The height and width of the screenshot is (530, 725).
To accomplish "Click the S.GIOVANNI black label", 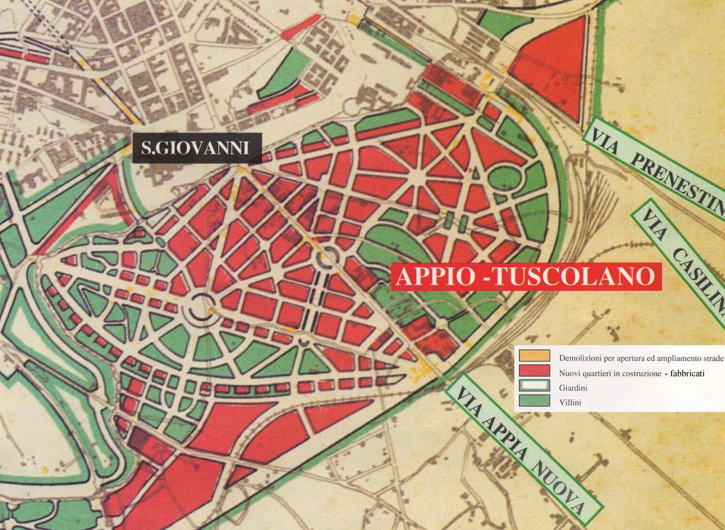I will coord(197,148).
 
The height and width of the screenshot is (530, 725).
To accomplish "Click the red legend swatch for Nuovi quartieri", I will coord(534,371).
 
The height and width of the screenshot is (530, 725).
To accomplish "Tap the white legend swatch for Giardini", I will coord(534,386).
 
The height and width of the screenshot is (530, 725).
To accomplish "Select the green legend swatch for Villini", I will coord(534,401).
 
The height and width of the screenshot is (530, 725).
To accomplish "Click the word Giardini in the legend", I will coord(573,388).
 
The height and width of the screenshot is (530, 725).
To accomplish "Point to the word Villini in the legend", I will coord(570,402).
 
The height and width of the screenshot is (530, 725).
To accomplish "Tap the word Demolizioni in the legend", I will coord(580,358).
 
